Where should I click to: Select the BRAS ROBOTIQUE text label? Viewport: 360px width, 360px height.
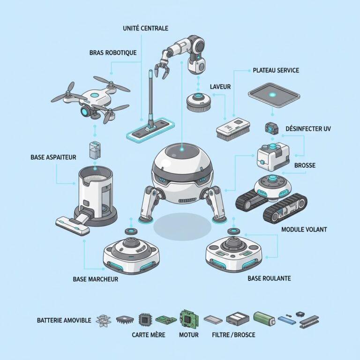[x=112, y=52]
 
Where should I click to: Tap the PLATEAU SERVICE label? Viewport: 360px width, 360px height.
[x=276, y=70]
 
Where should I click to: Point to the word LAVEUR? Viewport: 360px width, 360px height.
[x=220, y=87]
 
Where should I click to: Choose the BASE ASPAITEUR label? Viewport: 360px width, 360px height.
[x=52, y=158]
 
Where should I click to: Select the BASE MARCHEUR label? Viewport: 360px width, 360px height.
[x=95, y=279]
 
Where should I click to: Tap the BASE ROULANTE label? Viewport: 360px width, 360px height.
[x=269, y=278]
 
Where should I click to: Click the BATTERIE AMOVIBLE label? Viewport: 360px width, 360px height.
[x=64, y=321]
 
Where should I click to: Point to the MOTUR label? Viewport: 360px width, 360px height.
[x=189, y=335]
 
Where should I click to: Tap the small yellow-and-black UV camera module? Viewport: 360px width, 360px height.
[x=271, y=127]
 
